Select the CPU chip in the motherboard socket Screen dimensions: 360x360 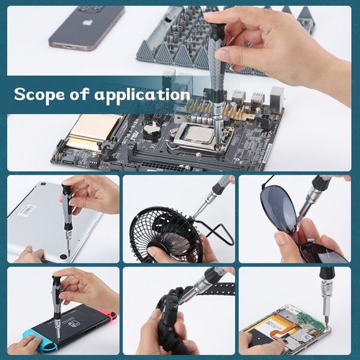[x=199, y=133]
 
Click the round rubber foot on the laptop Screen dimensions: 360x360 [x=64, y=257]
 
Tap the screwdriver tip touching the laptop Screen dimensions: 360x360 [x=68, y=251]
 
